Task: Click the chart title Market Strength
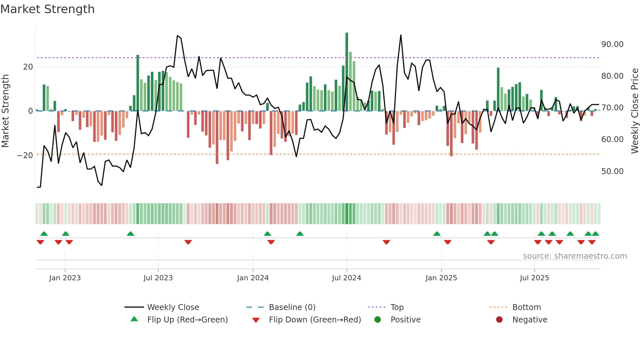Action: coord(47,9)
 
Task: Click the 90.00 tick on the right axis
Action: coord(612,44)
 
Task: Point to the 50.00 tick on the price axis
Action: coord(612,171)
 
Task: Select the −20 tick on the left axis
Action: coord(25,155)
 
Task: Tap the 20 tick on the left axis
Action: coord(28,67)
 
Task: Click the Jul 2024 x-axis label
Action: coord(346,278)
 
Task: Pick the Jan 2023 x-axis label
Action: coord(65,278)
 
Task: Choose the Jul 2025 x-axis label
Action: coord(534,278)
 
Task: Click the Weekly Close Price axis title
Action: coord(634,111)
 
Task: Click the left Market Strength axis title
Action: coord(5,111)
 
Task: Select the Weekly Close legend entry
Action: coord(173,307)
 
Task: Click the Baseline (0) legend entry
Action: coord(292,307)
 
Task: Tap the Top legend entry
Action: coord(397,307)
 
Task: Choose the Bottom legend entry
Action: coord(526,307)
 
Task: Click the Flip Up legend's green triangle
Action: coord(134,319)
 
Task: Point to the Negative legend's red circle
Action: coord(499,319)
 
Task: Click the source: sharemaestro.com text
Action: coord(575,256)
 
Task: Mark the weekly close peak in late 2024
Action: coord(401,35)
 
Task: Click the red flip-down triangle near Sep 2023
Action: coord(188,242)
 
